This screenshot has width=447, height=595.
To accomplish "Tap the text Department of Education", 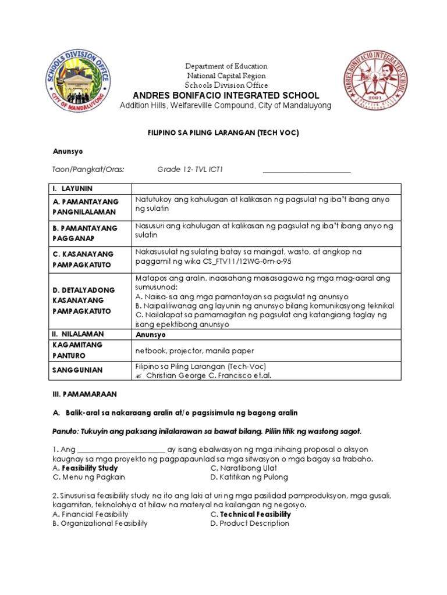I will tap(226, 66).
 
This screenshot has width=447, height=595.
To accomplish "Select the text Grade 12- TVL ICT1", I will tap(190, 170).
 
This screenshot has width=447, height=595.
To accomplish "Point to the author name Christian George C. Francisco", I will tap(196, 375).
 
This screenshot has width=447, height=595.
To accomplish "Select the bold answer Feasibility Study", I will tap(90, 468).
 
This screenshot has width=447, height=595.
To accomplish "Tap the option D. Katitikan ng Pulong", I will tap(249, 478).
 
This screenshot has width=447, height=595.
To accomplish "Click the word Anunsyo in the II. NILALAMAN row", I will tap(151, 335).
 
